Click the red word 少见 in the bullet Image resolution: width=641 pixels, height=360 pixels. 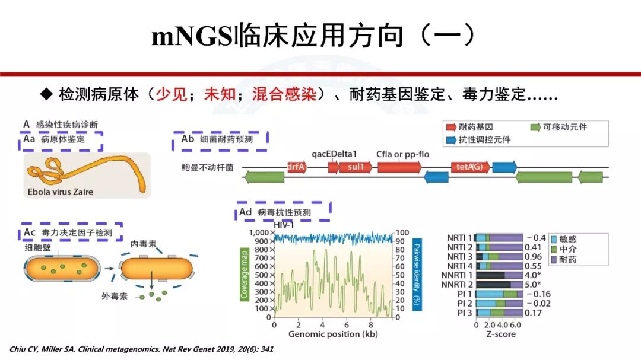pyautogui.click(x=172, y=94)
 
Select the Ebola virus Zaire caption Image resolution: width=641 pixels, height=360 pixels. pyautogui.click(x=61, y=192)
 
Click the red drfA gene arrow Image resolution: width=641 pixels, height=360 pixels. pyautogui.click(x=297, y=167)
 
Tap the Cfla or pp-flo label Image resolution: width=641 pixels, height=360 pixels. pyautogui.click(x=402, y=155)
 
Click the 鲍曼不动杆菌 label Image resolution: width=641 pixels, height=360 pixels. pyautogui.click(x=207, y=167)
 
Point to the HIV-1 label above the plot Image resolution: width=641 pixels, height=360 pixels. pyautogui.click(x=284, y=224)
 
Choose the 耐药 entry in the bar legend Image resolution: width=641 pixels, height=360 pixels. pyautogui.click(x=567, y=260)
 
